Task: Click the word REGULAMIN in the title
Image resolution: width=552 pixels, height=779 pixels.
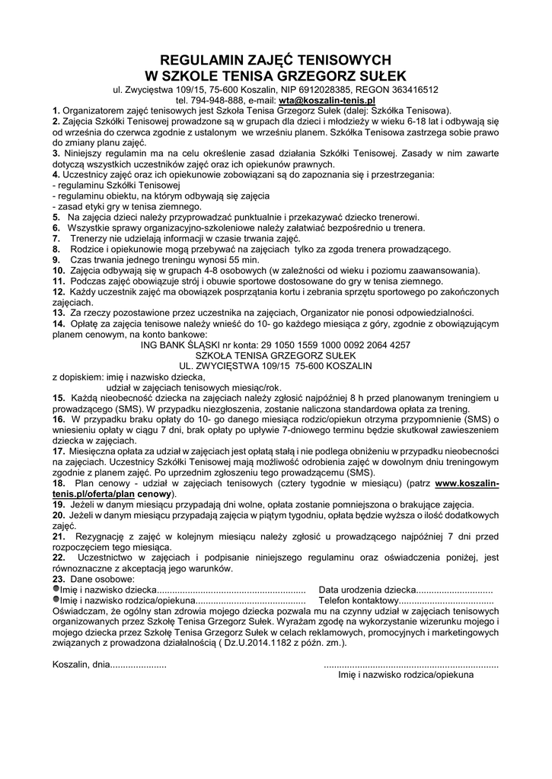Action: tap(196, 59)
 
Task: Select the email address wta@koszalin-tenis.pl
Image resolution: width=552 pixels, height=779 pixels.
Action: tap(327, 100)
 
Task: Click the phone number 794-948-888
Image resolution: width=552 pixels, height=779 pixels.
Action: tap(209, 100)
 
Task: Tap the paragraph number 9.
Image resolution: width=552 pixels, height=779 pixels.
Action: tap(57, 259)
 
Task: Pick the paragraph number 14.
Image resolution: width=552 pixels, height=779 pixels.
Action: tap(59, 323)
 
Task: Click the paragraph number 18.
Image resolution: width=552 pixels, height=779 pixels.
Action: tap(59, 483)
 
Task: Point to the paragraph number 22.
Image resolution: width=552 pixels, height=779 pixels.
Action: tap(59, 558)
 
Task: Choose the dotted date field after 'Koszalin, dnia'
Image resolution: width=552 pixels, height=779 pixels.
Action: tap(139, 664)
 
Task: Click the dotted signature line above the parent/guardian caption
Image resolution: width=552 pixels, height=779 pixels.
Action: tap(411, 664)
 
